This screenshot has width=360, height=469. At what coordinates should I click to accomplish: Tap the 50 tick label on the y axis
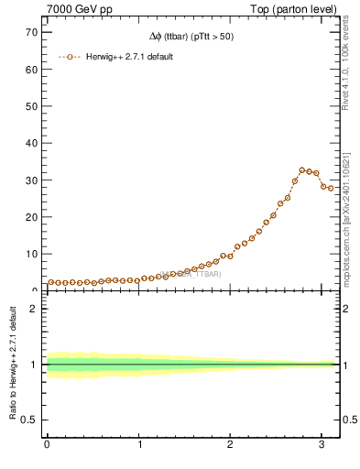[x=30, y=106]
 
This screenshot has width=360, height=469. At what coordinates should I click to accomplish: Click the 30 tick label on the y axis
[x=30, y=180]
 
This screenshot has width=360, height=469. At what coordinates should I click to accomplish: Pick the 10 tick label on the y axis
[x=30, y=254]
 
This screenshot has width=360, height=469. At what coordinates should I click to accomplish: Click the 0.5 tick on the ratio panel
[x=27, y=420]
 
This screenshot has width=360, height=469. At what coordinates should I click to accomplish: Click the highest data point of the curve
[x=302, y=169]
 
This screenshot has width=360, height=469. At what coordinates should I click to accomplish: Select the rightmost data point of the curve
[x=332, y=189]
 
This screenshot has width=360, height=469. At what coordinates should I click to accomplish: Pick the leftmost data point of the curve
[x=50, y=282]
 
